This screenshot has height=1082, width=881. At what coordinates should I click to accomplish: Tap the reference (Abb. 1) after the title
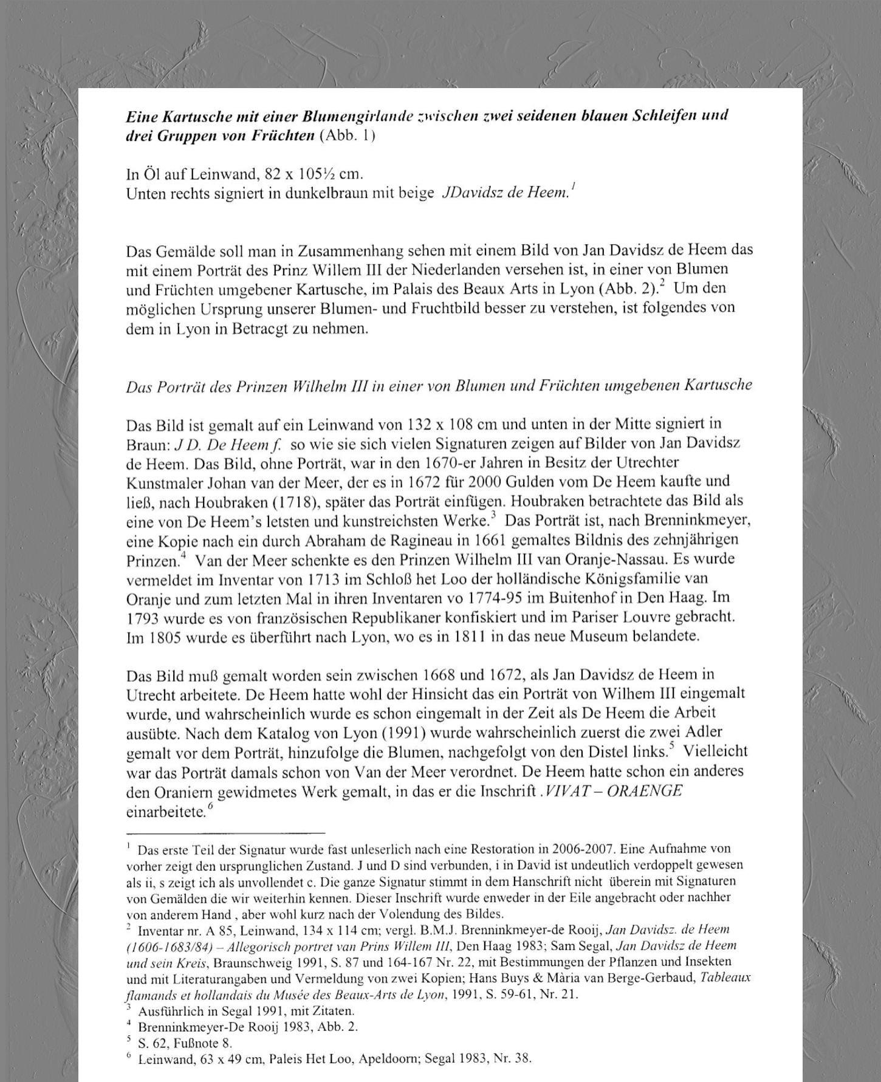point(347,135)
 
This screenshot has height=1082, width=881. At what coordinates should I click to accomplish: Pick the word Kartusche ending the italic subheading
point(718,385)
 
